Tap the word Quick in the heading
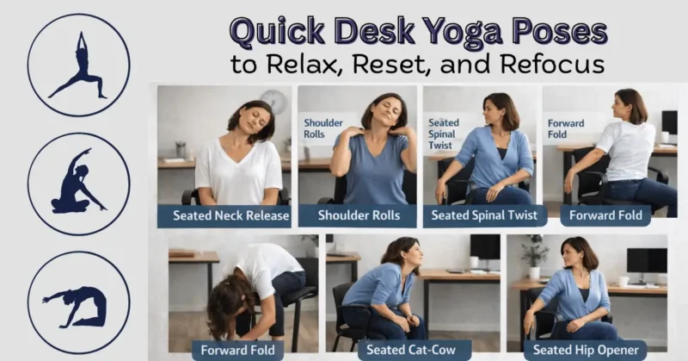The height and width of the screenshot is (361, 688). (279, 33)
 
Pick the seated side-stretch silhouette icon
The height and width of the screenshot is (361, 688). (78, 184)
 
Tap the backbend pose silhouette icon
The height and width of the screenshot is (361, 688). (78, 302)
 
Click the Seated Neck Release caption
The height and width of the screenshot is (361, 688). (230, 215)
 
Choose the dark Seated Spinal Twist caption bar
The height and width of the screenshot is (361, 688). (485, 215)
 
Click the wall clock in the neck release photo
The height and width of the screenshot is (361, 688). (273, 101)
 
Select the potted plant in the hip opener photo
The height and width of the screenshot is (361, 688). (534, 255)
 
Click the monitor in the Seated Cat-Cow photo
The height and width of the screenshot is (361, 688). (484, 251)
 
